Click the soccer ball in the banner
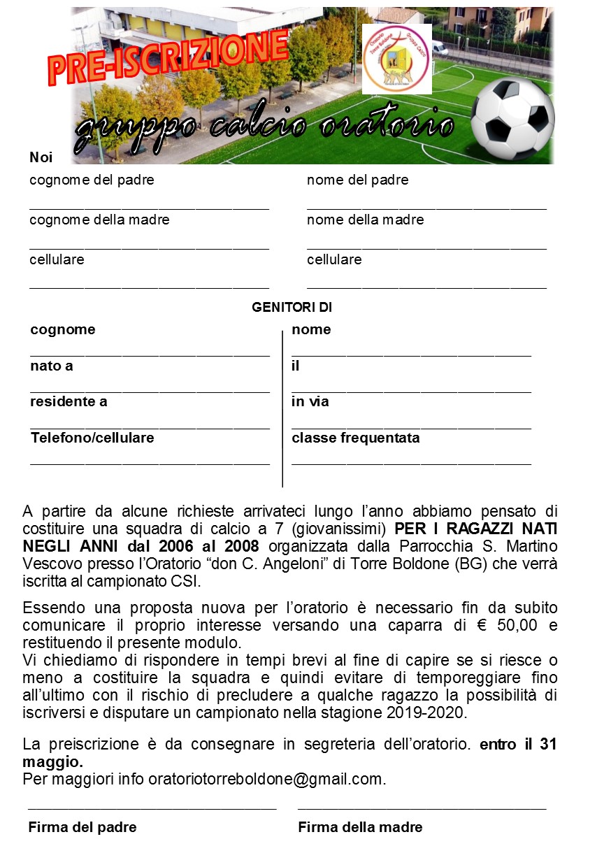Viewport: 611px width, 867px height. pyautogui.click(x=512, y=118)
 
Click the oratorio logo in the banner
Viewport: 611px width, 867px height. pyautogui.click(x=396, y=59)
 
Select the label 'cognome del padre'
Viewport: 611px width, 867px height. pyautogui.click(x=92, y=180)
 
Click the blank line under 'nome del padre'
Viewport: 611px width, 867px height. pyautogui.click(x=426, y=208)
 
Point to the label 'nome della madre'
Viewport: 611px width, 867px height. pyautogui.click(x=365, y=220)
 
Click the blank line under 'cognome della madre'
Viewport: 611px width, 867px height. pyautogui.click(x=149, y=248)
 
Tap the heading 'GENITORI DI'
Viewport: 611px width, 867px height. pyautogui.click(x=292, y=307)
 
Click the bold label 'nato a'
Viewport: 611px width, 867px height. pyautogui.click(x=51, y=366)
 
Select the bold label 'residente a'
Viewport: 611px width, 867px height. pyautogui.click(x=69, y=402)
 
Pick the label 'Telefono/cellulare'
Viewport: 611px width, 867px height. pyautogui.click(x=92, y=438)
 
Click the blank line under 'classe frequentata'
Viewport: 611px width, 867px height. pyautogui.click(x=411, y=464)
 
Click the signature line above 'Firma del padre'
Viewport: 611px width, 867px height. pyautogui.click(x=152, y=808)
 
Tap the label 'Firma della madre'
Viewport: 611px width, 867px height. pyautogui.click(x=360, y=828)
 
